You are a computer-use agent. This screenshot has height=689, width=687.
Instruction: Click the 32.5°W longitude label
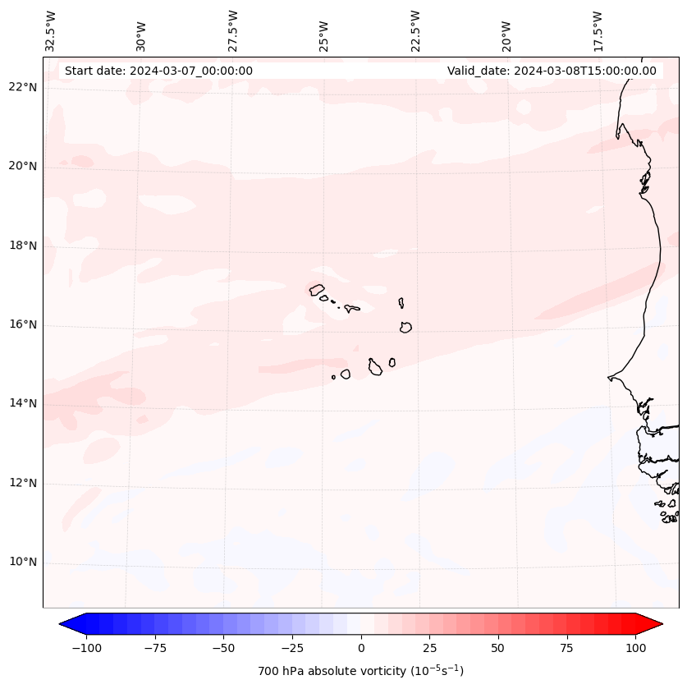pos(51,30)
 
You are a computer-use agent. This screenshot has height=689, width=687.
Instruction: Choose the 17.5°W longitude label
pos(598,30)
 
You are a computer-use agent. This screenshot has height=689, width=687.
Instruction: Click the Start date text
pos(158,71)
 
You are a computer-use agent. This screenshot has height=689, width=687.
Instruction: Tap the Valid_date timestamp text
pos(552,71)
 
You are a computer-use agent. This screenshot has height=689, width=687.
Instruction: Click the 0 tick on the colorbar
pos(361,648)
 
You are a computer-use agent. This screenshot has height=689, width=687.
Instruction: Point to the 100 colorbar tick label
pos(635,648)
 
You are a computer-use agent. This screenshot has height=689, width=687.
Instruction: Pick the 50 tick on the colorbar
pos(498,648)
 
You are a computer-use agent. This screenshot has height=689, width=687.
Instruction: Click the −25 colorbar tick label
pos(291,648)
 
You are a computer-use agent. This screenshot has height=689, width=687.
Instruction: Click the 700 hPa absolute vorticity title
pos(361,671)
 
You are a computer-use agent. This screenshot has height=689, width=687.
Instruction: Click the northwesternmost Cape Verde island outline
pos(317,290)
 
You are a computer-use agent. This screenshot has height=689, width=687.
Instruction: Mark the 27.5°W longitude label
pos(233,30)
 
